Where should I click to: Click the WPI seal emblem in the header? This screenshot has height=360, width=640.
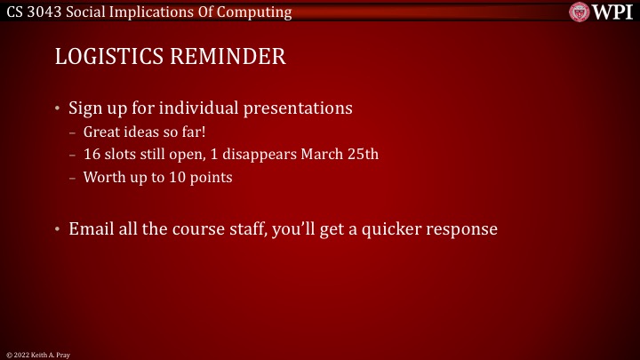[581, 12]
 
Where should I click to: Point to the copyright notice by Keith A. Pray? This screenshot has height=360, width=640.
[37, 354]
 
